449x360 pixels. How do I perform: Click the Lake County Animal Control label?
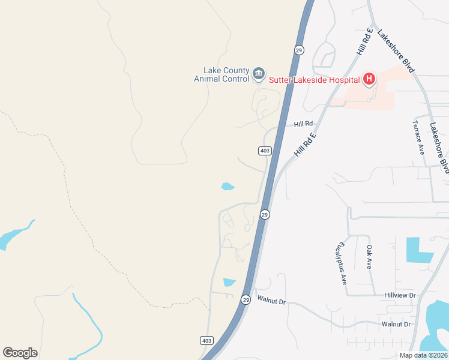pyautogui.click(x=221, y=74)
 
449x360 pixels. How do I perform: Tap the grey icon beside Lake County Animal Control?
pyautogui.click(x=259, y=74)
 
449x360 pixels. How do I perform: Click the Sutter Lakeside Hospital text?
pyautogui.click(x=314, y=79)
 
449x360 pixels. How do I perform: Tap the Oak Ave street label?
pyautogui.click(x=370, y=257)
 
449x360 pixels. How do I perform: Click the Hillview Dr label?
pyautogui.click(x=400, y=295)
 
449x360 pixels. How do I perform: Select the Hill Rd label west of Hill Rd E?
pyautogui.click(x=303, y=124)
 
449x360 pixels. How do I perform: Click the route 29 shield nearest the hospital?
pyautogui.click(x=298, y=50)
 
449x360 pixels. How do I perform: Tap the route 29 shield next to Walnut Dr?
pyautogui.click(x=246, y=299)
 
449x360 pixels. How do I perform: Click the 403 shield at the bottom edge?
pyautogui.click(x=206, y=340)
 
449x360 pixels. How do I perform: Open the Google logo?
pyautogui.click(x=20, y=353)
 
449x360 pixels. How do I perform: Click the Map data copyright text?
pyautogui.click(x=423, y=355)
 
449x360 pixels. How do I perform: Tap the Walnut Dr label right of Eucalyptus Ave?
pyautogui.click(x=396, y=324)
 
